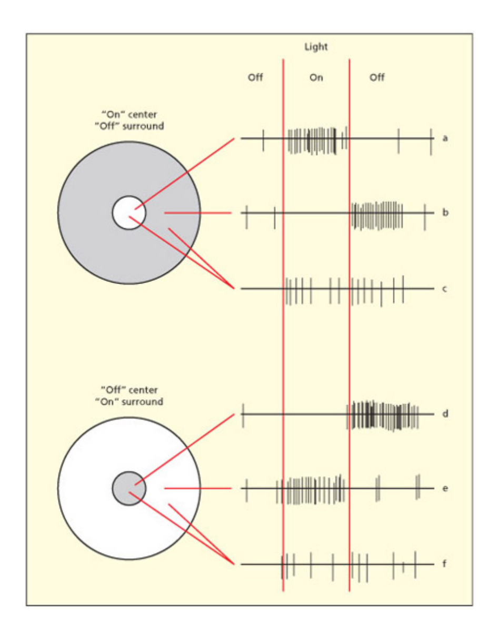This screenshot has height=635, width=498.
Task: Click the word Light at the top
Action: pos(316,47)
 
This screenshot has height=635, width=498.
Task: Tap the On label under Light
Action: pos(316,78)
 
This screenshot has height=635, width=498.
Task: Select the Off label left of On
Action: pos(255,78)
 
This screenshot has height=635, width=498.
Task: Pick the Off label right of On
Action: pos(377,78)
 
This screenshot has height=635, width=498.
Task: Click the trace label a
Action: pos(445,138)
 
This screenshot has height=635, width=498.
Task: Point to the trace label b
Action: pos(445,213)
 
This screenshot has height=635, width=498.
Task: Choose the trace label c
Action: pos(445,289)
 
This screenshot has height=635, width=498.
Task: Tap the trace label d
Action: pos(445,414)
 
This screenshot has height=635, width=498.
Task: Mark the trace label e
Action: pos(445,489)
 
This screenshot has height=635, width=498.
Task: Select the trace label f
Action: pos(445,564)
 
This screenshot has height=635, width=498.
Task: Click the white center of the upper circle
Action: pos(128,213)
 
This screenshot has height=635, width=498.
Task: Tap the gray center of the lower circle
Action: pos(128,488)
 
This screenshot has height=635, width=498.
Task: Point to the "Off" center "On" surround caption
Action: pos(128,396)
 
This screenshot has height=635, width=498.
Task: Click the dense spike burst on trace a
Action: pos(313,140)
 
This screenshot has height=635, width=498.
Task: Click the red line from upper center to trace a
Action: pos(184,174)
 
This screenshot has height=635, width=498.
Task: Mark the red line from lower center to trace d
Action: pos(184,450)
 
